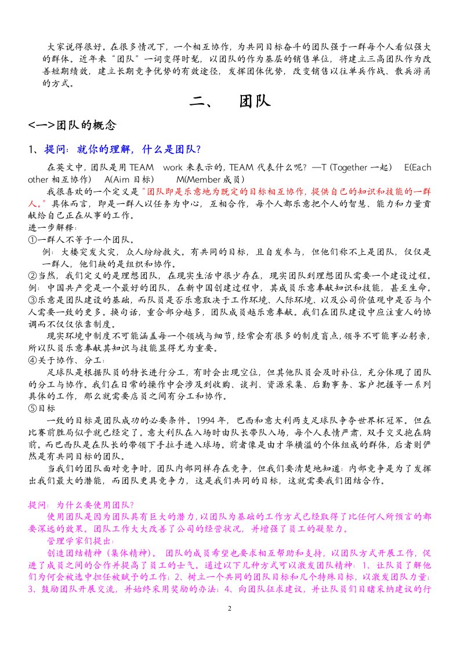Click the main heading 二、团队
[x=230, y=102]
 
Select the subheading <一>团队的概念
[x=73, y=125]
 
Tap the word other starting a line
[x=39, y=179]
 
